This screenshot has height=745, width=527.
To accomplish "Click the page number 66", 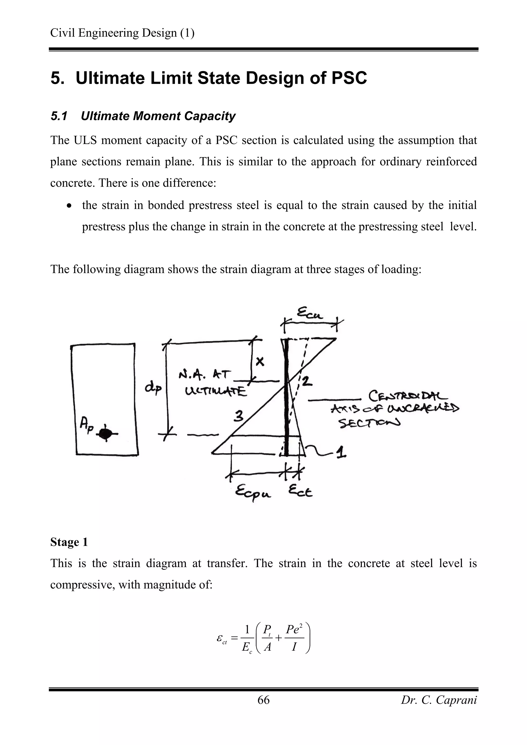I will tap(263, 700).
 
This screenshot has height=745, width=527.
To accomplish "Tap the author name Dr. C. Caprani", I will tap(439, 700).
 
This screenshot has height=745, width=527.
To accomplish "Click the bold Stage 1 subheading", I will tap(69, 542).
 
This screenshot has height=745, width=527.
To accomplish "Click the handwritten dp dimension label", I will tap(153, 388).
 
